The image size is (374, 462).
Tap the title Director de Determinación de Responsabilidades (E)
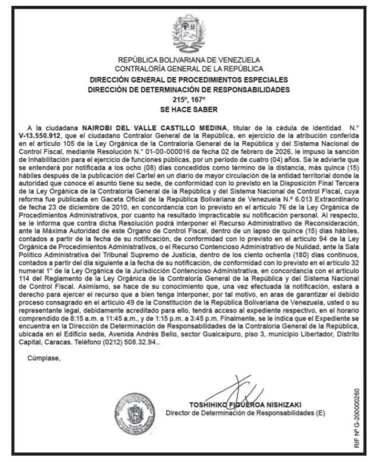pyautogui.click(x=245, y=413)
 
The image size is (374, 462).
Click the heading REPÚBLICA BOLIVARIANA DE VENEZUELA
pyautogui.click(x=189, y=61)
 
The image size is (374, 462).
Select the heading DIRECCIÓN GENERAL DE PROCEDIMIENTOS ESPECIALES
pyautogui.click(x=189, y=80)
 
